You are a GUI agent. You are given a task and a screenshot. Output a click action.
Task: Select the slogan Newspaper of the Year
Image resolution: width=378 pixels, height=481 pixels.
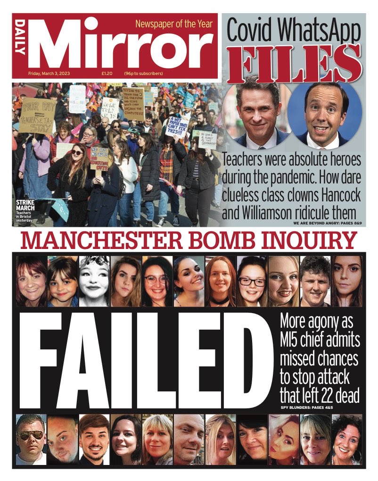tap(174, 24)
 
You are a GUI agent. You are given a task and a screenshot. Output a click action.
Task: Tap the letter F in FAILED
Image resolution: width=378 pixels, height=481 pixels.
tap(41, 359)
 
